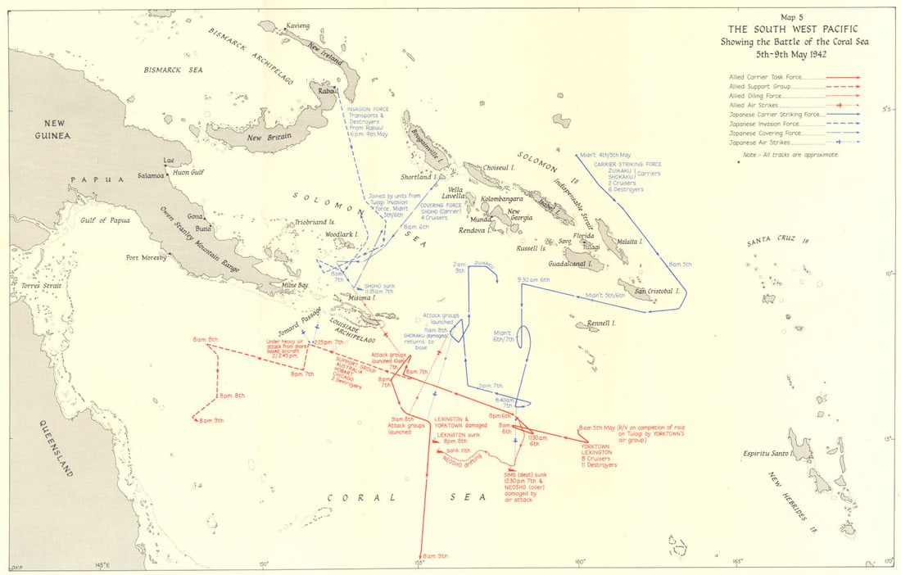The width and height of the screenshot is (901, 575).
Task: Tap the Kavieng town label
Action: click(x=298, y=26)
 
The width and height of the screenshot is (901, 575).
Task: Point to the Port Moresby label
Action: click(x=147, y=257)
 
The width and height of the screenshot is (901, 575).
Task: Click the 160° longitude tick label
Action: click(x=579, y=561)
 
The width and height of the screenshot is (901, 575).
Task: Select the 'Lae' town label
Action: click(x=170, y=161)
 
